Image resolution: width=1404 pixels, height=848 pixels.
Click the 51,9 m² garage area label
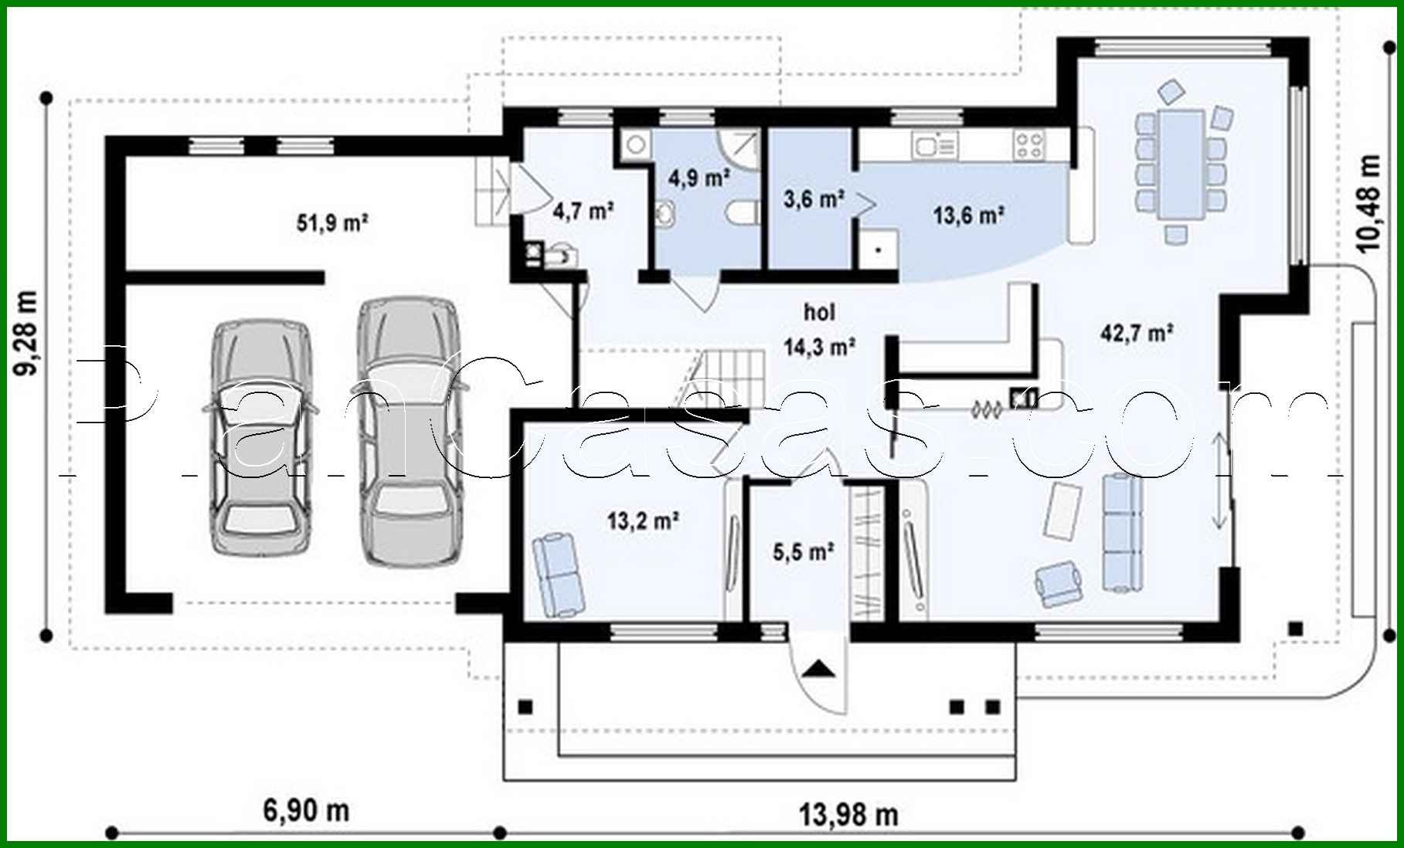pos(331,223)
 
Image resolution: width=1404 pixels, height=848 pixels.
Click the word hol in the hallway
pos(819,312)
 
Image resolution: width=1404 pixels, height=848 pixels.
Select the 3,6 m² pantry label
pos(813,199)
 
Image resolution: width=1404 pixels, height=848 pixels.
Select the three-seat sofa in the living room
pos(1120,533)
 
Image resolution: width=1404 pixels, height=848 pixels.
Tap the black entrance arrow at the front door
pos(819,668)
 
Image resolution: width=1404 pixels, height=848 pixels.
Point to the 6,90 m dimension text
pos(306,810)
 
